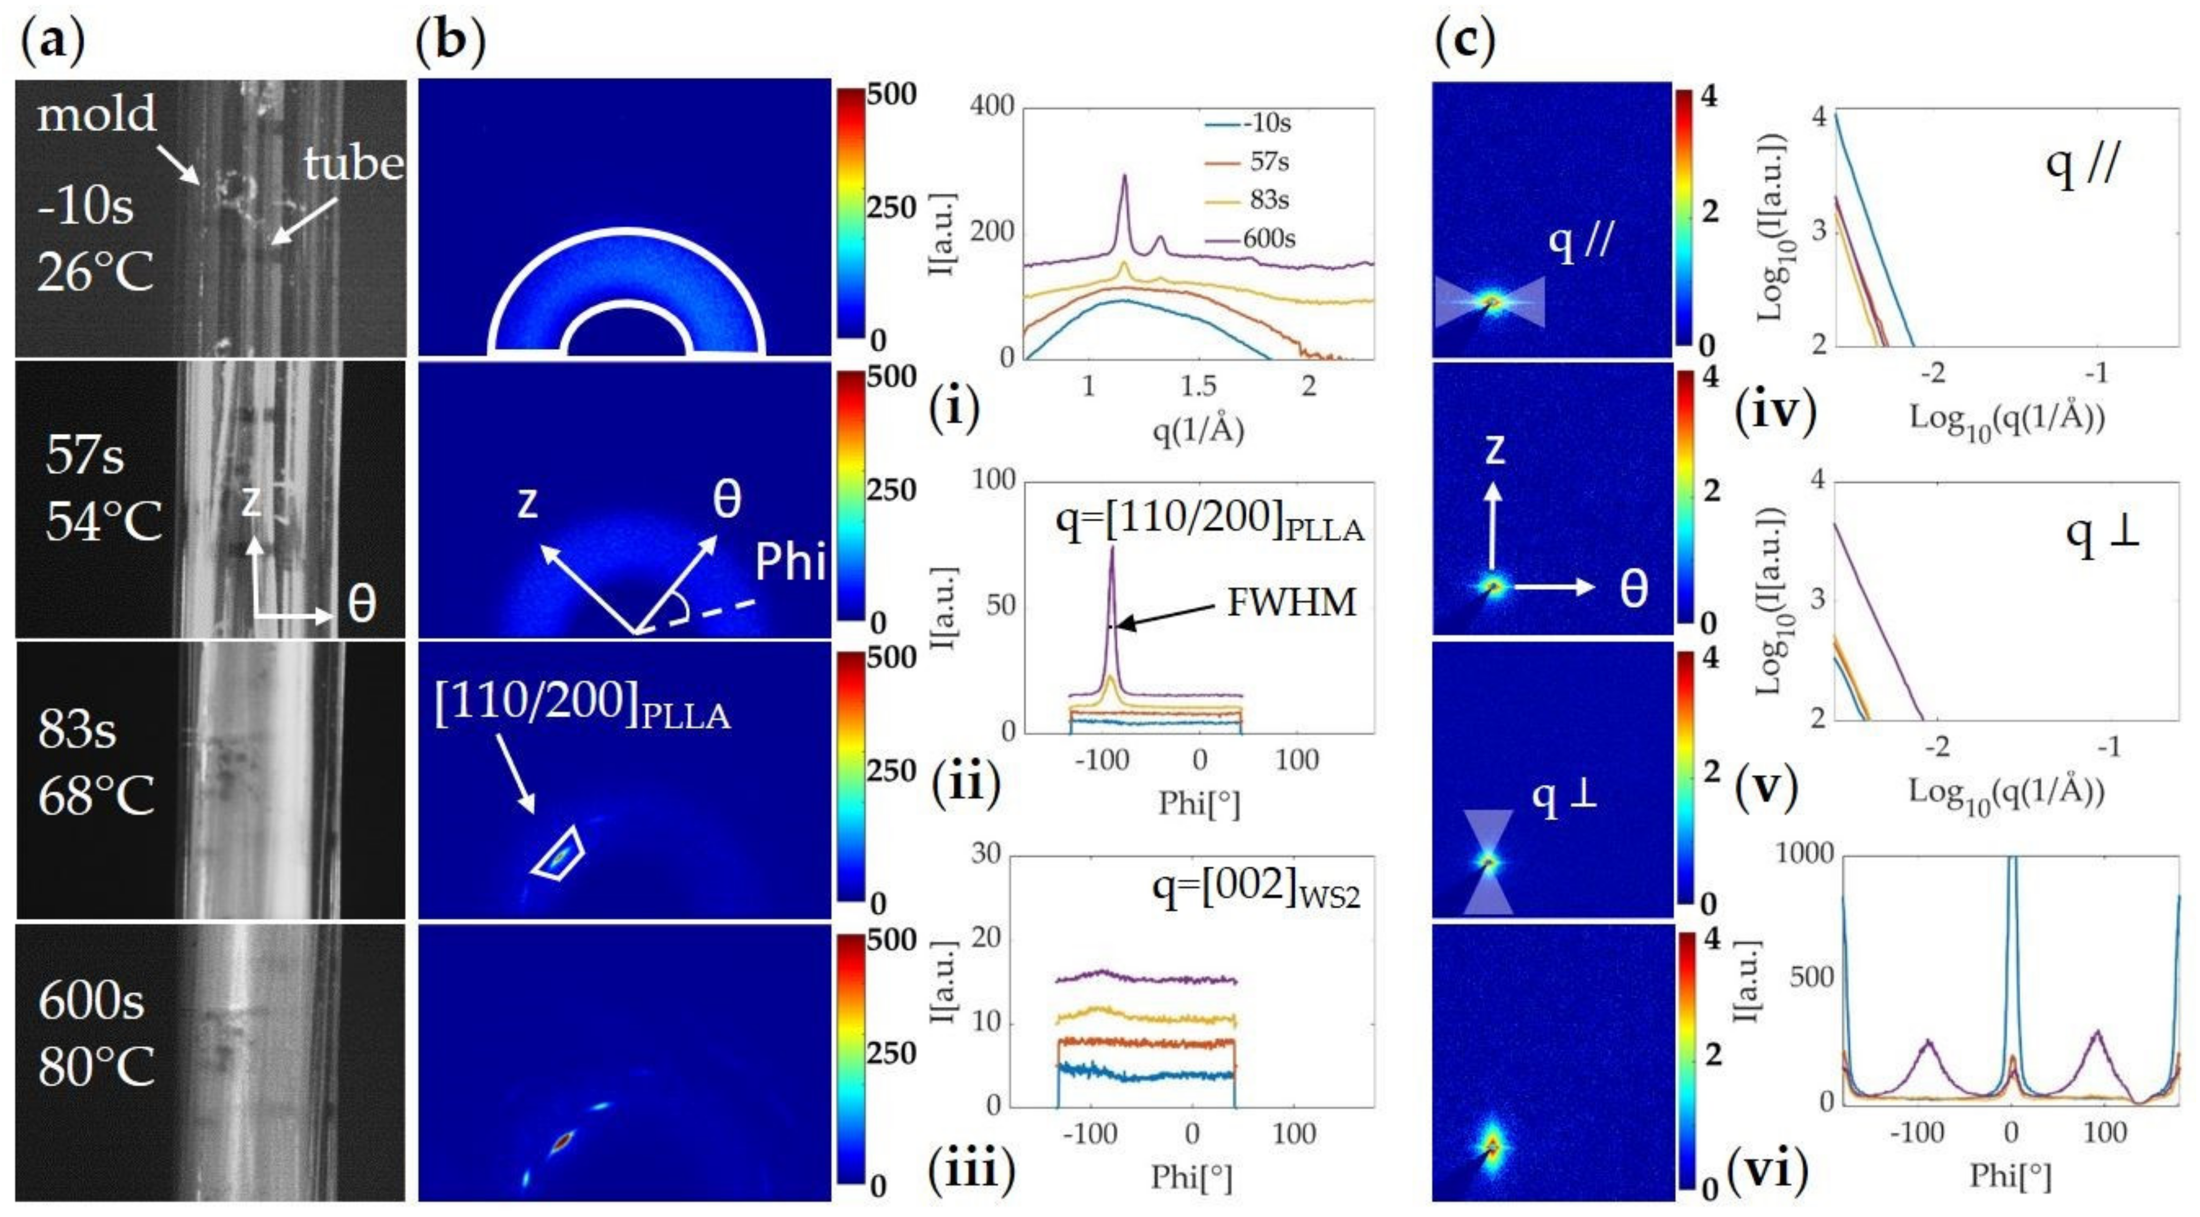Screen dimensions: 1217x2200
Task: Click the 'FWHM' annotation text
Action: (1291, 603)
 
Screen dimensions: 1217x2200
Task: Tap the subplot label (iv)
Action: (1775, 411)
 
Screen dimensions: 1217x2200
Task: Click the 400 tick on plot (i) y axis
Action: (993, 106)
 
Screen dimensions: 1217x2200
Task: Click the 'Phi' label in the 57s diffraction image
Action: (790, 562)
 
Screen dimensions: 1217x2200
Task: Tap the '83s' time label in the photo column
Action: (77, 730)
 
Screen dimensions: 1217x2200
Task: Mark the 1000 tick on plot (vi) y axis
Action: (1804, 853)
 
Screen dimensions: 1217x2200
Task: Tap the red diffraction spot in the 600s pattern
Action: (562, 1140)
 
